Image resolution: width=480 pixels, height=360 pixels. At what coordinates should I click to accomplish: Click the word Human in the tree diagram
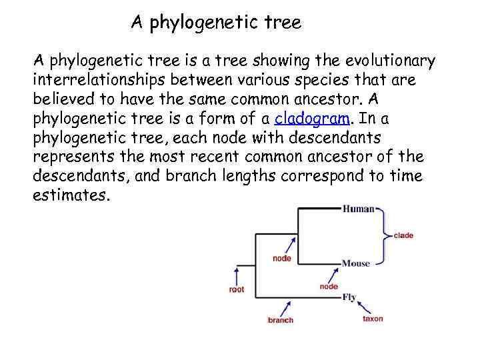(x=358, y=209)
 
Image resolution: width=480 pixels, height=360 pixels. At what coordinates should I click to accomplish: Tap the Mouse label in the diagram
(x=355, y=263)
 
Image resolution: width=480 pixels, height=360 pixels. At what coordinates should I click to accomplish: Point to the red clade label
(x=403, y=235)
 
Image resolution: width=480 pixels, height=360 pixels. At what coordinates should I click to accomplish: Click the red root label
(x=236, y=290)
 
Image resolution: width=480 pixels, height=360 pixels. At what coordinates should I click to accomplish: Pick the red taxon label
(x=373, y=319)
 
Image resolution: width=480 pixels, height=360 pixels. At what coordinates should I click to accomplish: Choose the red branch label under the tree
(x=281, y=320)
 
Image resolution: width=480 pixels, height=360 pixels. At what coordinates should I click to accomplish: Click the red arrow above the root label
(x=235, y=275)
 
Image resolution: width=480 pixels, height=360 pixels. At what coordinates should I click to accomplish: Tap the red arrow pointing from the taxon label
(x=365, y=307)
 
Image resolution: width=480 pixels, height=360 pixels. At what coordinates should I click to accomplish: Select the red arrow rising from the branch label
(x=287, y=307)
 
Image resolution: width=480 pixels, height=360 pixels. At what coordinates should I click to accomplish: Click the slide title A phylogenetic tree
(x=216, y=23)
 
